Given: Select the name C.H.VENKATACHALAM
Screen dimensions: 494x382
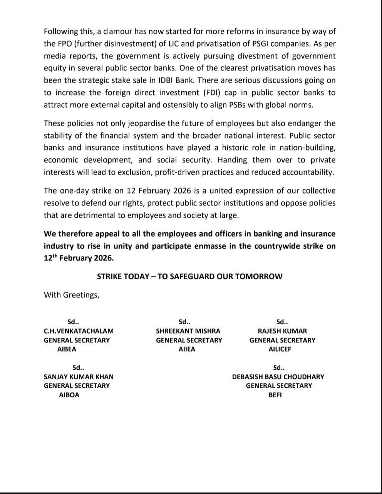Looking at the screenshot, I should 79,331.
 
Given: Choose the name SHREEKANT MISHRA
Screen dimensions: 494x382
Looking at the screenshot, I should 188,331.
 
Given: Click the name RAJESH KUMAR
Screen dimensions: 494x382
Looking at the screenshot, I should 282,331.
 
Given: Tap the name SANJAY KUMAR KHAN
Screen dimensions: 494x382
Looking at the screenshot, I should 79,377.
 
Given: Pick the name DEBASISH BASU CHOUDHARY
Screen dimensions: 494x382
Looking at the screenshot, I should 278,377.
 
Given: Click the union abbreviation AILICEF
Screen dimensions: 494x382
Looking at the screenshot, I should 280,349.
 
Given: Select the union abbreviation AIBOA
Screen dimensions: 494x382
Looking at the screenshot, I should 69,395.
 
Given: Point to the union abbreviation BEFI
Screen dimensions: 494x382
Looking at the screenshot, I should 275,395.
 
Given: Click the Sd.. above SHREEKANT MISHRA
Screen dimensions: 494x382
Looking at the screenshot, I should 184,322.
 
